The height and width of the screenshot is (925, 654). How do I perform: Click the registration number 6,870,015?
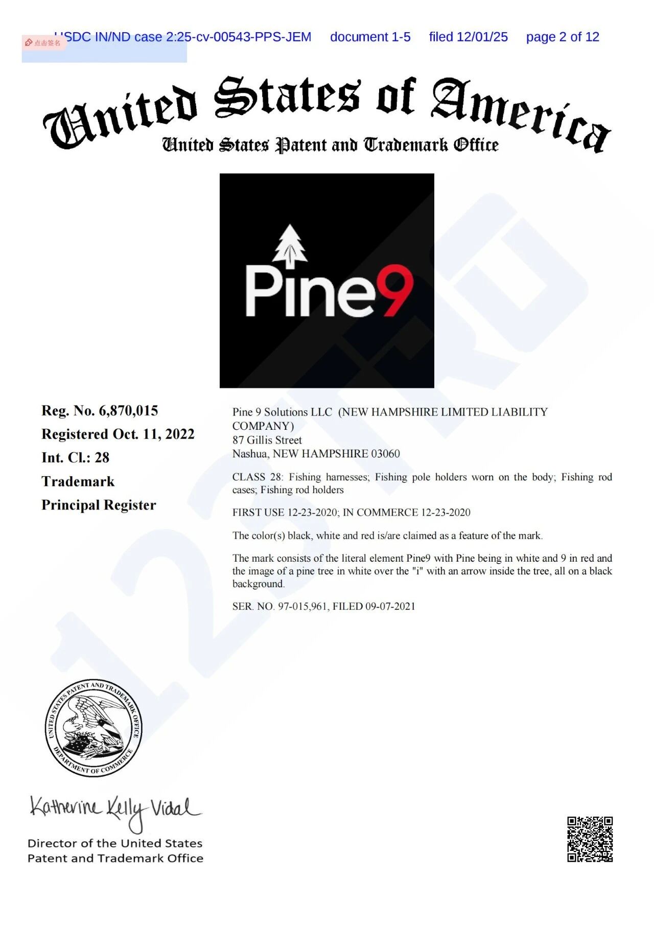click(128, 411)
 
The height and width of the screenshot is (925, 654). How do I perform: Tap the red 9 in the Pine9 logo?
click(394, 290)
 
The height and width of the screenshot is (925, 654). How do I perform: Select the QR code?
click(590, 839)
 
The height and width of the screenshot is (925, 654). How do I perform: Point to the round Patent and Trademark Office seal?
click(94, 728)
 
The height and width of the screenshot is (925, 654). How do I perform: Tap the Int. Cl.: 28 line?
click(76, 458)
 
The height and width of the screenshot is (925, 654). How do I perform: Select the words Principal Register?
click(99, 505)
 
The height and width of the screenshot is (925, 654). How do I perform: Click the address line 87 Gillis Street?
click(267, 440)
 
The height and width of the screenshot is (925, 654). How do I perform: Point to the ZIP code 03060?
click(385, 454)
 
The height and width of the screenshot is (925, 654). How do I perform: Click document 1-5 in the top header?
click(370, 37)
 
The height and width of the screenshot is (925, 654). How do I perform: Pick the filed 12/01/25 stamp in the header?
click(468, 37)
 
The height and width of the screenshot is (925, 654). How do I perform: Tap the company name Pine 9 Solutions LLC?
click(282, 412)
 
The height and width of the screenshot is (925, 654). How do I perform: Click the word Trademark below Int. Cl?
click(78, 482)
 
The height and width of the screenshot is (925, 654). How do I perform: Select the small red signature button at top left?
click(43, 43)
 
